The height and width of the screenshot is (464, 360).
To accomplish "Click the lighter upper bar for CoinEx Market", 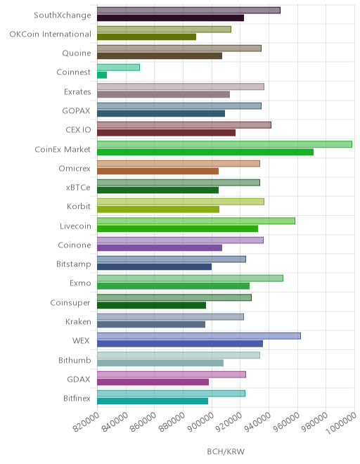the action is [224, 144].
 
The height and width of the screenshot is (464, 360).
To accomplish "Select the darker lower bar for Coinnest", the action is [102, 75].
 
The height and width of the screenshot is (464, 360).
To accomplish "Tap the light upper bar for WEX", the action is [199, 336].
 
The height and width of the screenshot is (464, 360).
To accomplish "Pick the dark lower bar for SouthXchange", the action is [171, 18].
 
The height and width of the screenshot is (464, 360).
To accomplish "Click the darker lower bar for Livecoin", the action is [177, 228].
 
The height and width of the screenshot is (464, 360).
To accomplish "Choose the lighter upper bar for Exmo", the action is [190, 278].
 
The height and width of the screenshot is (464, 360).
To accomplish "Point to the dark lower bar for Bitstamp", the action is [154, 267].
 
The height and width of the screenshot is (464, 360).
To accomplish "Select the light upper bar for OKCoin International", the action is [164, 30].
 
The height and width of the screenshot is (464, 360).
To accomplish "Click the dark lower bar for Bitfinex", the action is [153, 401].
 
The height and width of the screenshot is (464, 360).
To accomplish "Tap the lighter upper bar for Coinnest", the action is [118, 67].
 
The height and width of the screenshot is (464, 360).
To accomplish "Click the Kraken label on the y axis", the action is [78, 322].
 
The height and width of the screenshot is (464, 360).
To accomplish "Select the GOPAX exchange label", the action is [76, 110].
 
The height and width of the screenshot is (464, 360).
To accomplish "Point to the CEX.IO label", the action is [78, 129].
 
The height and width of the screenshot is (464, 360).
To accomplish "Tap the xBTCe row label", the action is [78, 187].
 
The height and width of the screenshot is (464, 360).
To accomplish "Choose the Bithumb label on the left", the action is [75, 360].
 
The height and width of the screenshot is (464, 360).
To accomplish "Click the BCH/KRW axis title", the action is [226, 451].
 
